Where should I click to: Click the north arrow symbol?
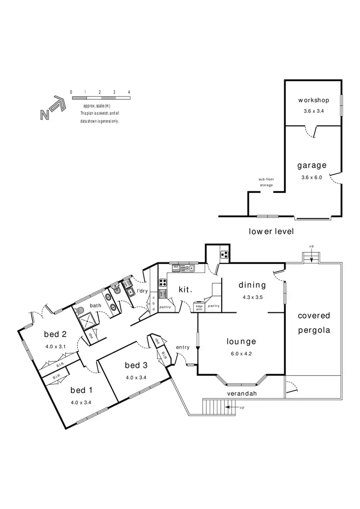click(x=52, y=109)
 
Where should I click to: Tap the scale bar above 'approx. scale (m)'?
click(x=100, y=98)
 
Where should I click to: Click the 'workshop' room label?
click(x=313, y=100)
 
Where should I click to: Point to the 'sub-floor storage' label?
click(x=266, y=182)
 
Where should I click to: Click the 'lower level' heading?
click(x=271, y=231)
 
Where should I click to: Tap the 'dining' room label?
click(x=252, y=285)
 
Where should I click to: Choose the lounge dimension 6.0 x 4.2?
click(x=241, y=354)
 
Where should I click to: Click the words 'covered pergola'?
click(x=314, y=323)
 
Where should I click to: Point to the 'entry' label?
click(x=183, y=347)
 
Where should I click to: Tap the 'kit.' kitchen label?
click(x=185, y=290)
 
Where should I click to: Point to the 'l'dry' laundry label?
click(x=142, y=291)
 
